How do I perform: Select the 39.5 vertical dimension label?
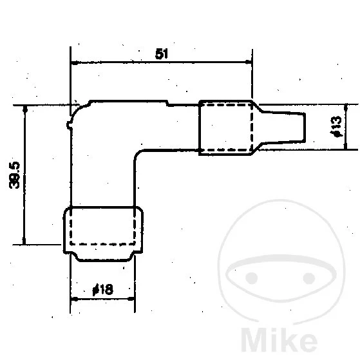(x=16, y=175)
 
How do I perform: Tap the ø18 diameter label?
(x=103, y=290)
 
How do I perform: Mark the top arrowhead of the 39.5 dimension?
(x=24, y=109)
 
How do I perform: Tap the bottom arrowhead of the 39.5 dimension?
(x=24, y=240)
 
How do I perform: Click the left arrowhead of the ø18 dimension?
(x=74, y=299)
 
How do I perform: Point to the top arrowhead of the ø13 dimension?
(x=347, y=108)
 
